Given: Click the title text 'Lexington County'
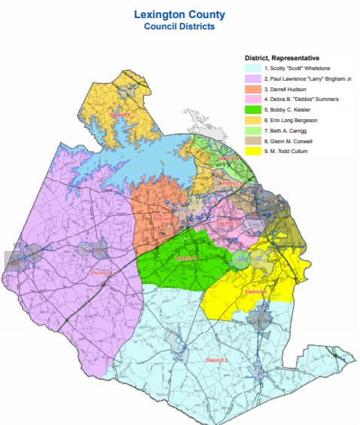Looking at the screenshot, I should coord(179,14).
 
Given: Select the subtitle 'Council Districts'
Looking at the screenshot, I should coord(179,26).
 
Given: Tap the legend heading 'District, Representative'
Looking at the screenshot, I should coord(282,57).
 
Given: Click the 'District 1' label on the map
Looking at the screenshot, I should coord(218,360).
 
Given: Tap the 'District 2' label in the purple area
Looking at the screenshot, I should coord(101,272).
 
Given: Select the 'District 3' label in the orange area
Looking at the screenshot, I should coord(165,219).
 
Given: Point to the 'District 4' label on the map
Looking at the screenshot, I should coord(227,223).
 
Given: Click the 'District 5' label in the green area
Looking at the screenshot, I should coord(187,258).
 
